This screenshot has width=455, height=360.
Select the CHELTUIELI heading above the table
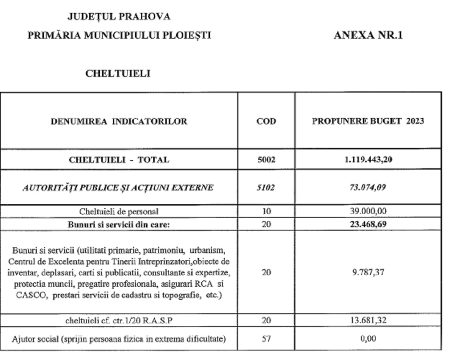(118, 74)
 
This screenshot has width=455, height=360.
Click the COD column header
(266, 122)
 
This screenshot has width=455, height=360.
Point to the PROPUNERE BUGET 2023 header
(368, 122)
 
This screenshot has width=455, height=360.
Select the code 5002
(266, 160)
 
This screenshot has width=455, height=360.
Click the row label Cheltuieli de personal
(119, 211)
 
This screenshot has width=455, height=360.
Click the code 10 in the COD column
(266, 211)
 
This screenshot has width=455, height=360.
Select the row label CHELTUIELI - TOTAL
(119, 160)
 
